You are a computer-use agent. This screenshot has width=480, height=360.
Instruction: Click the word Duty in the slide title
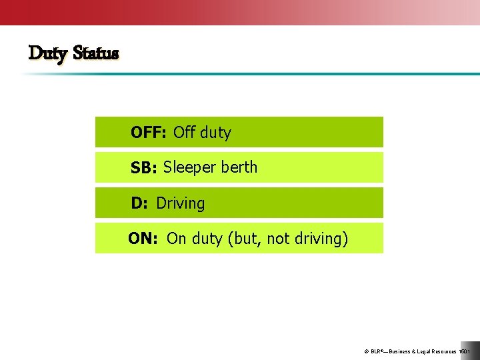point(49,53)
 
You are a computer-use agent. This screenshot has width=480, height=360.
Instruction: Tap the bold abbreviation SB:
point(143,169)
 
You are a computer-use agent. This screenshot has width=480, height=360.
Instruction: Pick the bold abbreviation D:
point(139,203)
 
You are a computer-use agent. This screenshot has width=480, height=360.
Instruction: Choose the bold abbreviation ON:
point(143,239)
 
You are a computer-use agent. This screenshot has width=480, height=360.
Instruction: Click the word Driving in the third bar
point(181,203)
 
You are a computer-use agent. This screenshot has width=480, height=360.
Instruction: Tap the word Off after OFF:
point(184,133)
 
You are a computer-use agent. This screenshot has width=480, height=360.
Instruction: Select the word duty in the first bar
point(215,133)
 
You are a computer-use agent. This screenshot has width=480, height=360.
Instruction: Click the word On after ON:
point(177,239)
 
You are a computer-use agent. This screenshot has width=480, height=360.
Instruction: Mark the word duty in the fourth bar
point(207,239)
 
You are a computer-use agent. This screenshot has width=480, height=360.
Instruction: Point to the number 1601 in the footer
point(465,351)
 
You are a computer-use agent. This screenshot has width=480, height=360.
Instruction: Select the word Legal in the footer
point(426,351)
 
